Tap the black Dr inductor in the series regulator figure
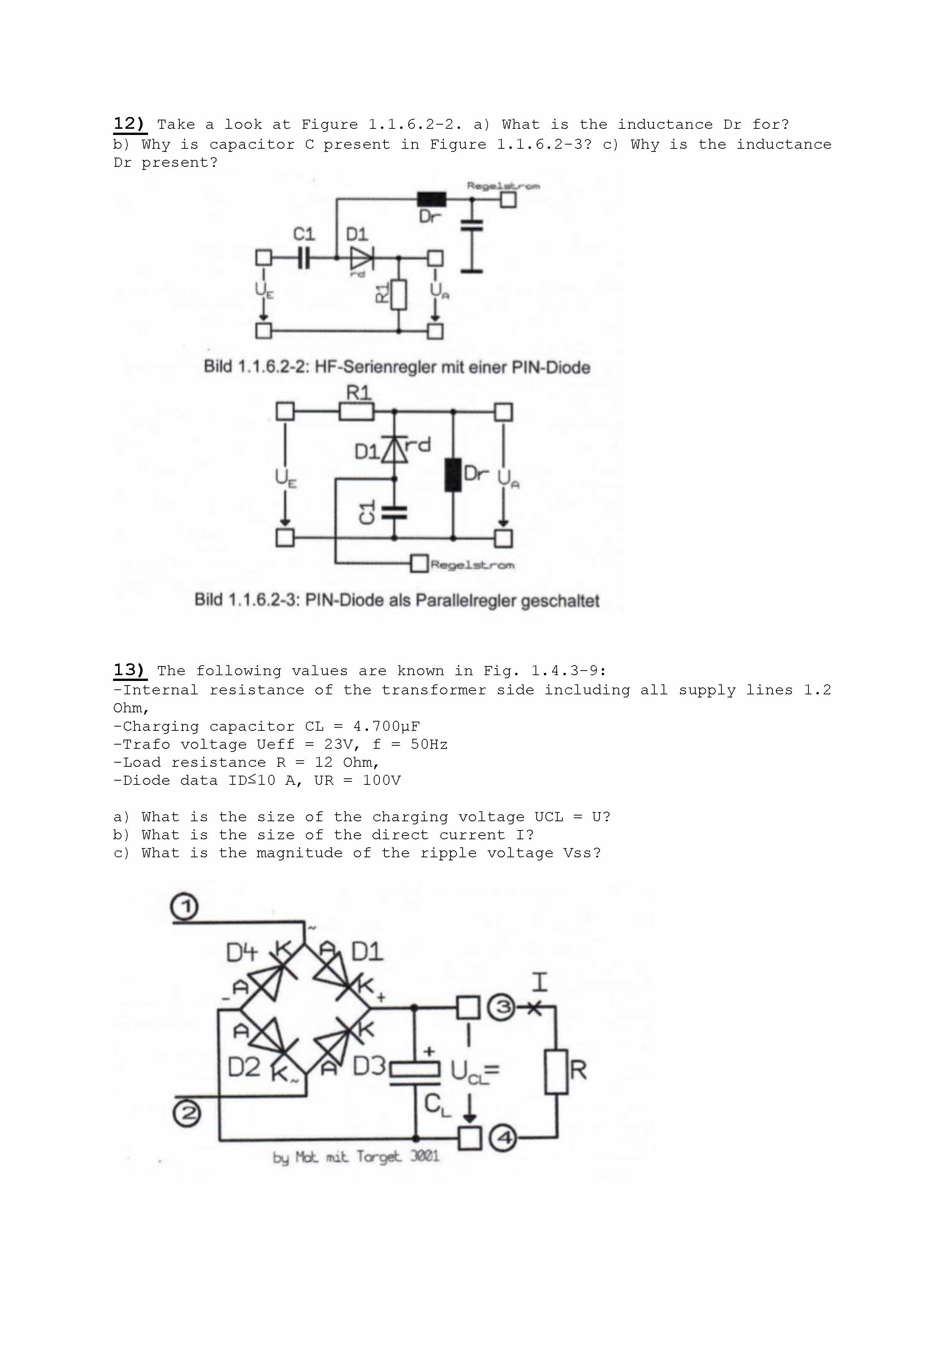(432, 199)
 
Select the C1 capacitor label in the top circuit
(304, 234)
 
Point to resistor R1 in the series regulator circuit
(399, 294)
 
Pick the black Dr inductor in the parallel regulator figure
(453, 475)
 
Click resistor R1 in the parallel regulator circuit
(356, 412)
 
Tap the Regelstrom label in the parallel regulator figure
(473, 565)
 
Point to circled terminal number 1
(184, 907)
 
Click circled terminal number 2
(187, 1113)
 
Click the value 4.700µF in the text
(386, 727)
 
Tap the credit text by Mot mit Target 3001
(355, 1157)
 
